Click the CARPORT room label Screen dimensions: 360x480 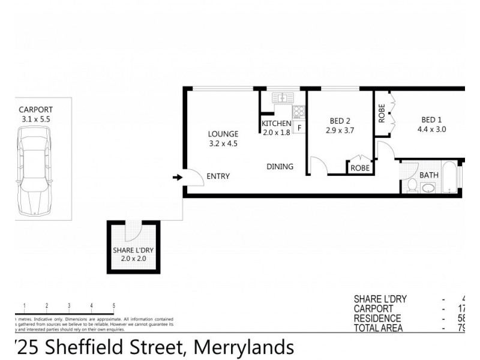click(x=35, y=110)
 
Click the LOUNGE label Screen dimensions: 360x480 click(x=223, y=134)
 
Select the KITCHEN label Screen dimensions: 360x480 click(x=276, y=124)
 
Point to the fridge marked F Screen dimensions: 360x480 click(x=299, y=127)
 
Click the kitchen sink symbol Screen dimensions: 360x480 click(x=280, y=97)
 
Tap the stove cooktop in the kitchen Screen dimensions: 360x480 click(x=298, y=112)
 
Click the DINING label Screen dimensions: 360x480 click(x=280, y=167)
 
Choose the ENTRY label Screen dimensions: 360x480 click(x=218, y=176)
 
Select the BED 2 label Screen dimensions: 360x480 click(x=340, y=120)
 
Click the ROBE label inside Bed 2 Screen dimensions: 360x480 click(x=359, y=168)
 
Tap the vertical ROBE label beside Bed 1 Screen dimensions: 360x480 click(x=382, y=114)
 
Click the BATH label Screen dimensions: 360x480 click(x=429, y=175)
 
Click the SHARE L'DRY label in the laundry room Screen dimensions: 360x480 click(x=133, y=251)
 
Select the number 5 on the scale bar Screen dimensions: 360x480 click(x=114, y=306)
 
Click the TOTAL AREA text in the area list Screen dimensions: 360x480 click(x=378, y=328)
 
